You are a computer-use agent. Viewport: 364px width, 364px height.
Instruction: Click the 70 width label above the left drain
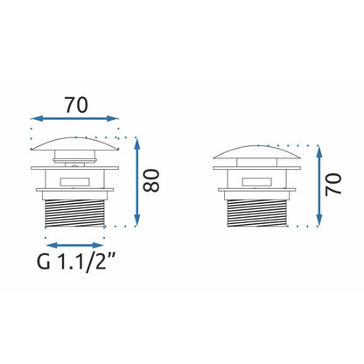[x=76, y=105]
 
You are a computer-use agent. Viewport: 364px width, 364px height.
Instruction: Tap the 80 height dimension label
[x=151, y=180]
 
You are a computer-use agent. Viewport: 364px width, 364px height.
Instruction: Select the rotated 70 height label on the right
[x=333, y=184]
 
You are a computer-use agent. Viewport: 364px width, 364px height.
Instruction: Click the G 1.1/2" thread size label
[x=74, y=262]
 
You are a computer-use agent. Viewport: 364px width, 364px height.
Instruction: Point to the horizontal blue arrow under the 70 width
[x=74, y=118]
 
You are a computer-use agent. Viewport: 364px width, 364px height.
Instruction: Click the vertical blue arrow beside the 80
[x=137, y=181]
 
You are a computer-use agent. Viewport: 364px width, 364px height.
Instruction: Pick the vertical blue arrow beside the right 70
[x=319, y=185]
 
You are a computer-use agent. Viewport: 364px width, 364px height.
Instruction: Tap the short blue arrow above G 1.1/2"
[x=74, y=245]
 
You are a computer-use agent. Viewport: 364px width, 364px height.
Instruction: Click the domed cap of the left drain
[x=75, y=143]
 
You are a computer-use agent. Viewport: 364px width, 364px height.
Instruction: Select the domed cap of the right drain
[x=257, y=152]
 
